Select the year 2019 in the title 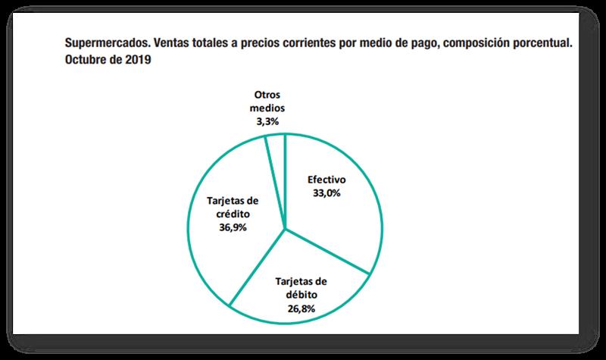pyautogui.click(x=137, y=60)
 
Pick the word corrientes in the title pyautogui.click(x=302, y=42)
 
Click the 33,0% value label pyautogui.click(x=326, y=194)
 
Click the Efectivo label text pyautogui.click(x=326, y=181)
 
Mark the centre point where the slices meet pyautogui.click(x=285, y=227)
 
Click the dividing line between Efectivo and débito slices pyautogui.click(x=327, y=250)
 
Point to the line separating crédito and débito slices pyautogui.click(x=258, y=266)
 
